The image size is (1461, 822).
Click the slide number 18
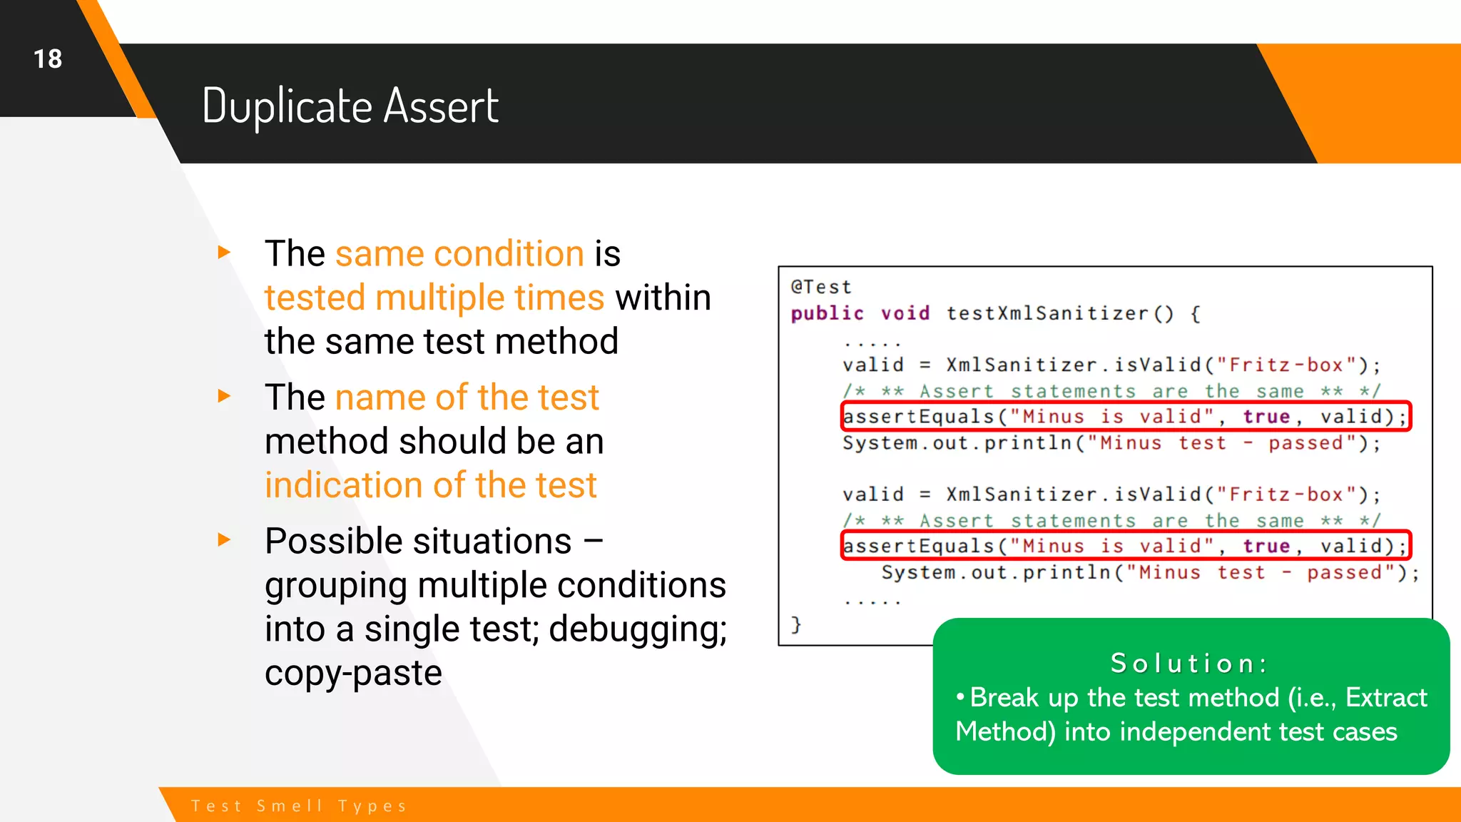(x=48, y=59)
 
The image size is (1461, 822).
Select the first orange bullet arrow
(x=224, y=252)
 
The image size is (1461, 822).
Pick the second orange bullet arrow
(x=224, y=396)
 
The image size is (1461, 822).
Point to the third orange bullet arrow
(x=224, y=539)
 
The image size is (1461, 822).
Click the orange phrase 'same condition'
(x=459, y=254)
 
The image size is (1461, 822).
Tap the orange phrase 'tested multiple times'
(x=434, y=298)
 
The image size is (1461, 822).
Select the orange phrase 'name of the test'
(x=467, y=397)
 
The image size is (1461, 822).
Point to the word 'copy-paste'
(x=353, y=673)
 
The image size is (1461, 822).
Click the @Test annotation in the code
(x=820, y=287)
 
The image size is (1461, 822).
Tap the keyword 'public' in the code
(x=827, y=313)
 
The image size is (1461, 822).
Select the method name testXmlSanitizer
(x=1047, y=313)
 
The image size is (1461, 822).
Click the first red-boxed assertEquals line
(x=1125, y=416)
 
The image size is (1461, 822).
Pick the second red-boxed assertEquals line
(x=1125, y=546)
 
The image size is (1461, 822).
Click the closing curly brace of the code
(x=796, y=625)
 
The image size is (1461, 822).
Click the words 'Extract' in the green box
(x=1386, y=697)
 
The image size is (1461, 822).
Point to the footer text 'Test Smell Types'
(x=299, y=806)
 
